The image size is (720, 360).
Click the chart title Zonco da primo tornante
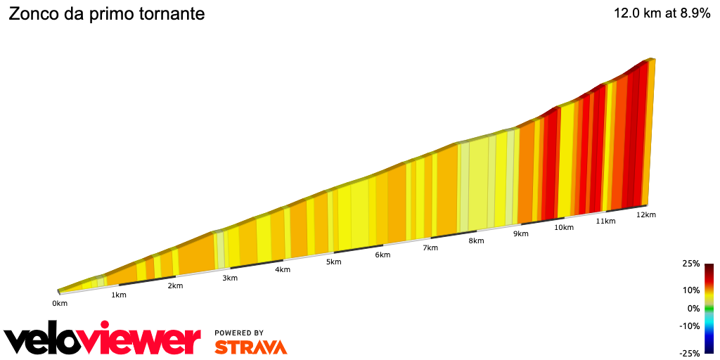pos(106,14)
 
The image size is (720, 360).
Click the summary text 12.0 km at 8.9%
pos(662,13)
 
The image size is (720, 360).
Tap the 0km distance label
pos(60,304)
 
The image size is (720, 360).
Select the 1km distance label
pos(119,295)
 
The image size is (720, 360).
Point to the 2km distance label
pos(175,285)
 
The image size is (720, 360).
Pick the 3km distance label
pos(230,278)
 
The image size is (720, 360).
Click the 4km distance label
pos(283,269)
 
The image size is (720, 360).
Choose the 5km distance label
pos(333,262)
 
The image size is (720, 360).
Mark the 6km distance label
pos(382,255)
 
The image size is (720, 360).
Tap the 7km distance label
pos(430,247)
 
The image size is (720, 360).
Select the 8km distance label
pos(476,241)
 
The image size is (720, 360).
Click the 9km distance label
pos(521,234)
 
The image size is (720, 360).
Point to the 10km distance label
pos(563,228)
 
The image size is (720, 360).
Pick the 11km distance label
pos(605,221)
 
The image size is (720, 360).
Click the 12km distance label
pos(646,215)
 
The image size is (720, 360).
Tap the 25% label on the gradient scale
pos(690,264)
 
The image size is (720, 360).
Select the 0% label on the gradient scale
pos(693,308)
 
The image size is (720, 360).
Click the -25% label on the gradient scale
pos(690,353)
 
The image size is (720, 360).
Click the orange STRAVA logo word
pos(250,347)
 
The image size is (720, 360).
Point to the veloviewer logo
pos(103,339)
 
